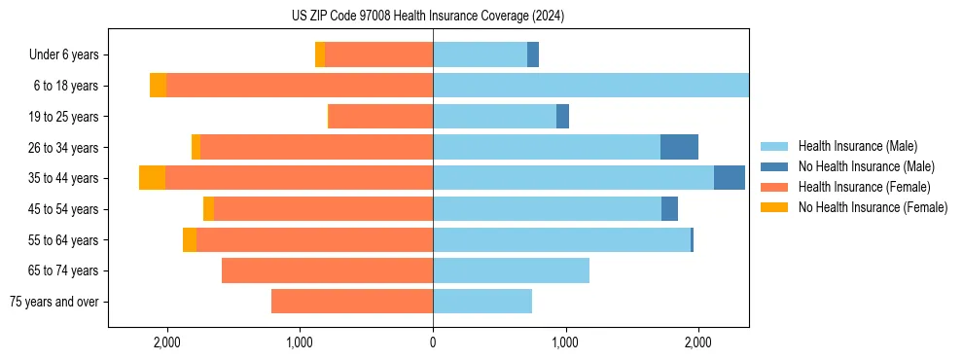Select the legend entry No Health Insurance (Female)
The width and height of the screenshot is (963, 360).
tap(873, 207)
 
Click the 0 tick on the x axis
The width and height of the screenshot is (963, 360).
tap(433, 343)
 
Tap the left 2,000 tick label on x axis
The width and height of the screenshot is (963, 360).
tap(167, 343)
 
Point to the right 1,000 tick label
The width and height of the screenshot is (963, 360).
tap(565, 343)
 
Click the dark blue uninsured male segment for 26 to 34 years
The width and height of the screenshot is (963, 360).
tap(679, 147)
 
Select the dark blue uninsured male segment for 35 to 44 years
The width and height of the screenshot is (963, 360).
tap(730, 178)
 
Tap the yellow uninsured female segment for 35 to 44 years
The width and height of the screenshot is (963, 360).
tap(152, 178)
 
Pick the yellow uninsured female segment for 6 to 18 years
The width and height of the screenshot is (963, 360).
tap(158, 86)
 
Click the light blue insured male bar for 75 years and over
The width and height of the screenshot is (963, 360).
tap(482, 302)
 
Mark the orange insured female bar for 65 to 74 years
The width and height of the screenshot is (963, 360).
tap(327, 270)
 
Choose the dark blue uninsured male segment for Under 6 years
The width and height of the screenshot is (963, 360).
tap(533, 55)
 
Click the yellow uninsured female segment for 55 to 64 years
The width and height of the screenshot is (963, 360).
tap(190, 239)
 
